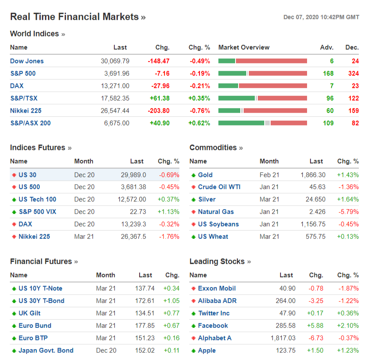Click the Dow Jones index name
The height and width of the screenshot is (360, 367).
(x=27, y=61)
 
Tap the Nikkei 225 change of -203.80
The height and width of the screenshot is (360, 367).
(x=158, y=111)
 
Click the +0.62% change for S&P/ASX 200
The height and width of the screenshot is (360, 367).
(x=199, y=123)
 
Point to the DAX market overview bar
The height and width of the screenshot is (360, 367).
(x=263, y=86)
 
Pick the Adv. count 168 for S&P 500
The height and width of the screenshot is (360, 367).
(x=328, y=74)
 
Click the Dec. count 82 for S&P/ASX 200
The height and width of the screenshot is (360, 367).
(x=355, y=123)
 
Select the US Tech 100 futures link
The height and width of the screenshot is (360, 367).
(x=37, y=199)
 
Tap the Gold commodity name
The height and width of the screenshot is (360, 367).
(x=205, y=175)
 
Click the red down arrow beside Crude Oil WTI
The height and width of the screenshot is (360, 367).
(x=194, y=187)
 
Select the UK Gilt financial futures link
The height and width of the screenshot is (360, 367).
(x=30, y=313)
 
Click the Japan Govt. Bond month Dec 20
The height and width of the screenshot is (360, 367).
(x=106, y=351)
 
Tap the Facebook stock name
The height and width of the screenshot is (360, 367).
(x=213, y=326)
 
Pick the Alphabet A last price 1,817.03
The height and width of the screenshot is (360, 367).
(x=283, y=338)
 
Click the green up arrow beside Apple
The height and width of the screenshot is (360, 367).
(x=194, y=351)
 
